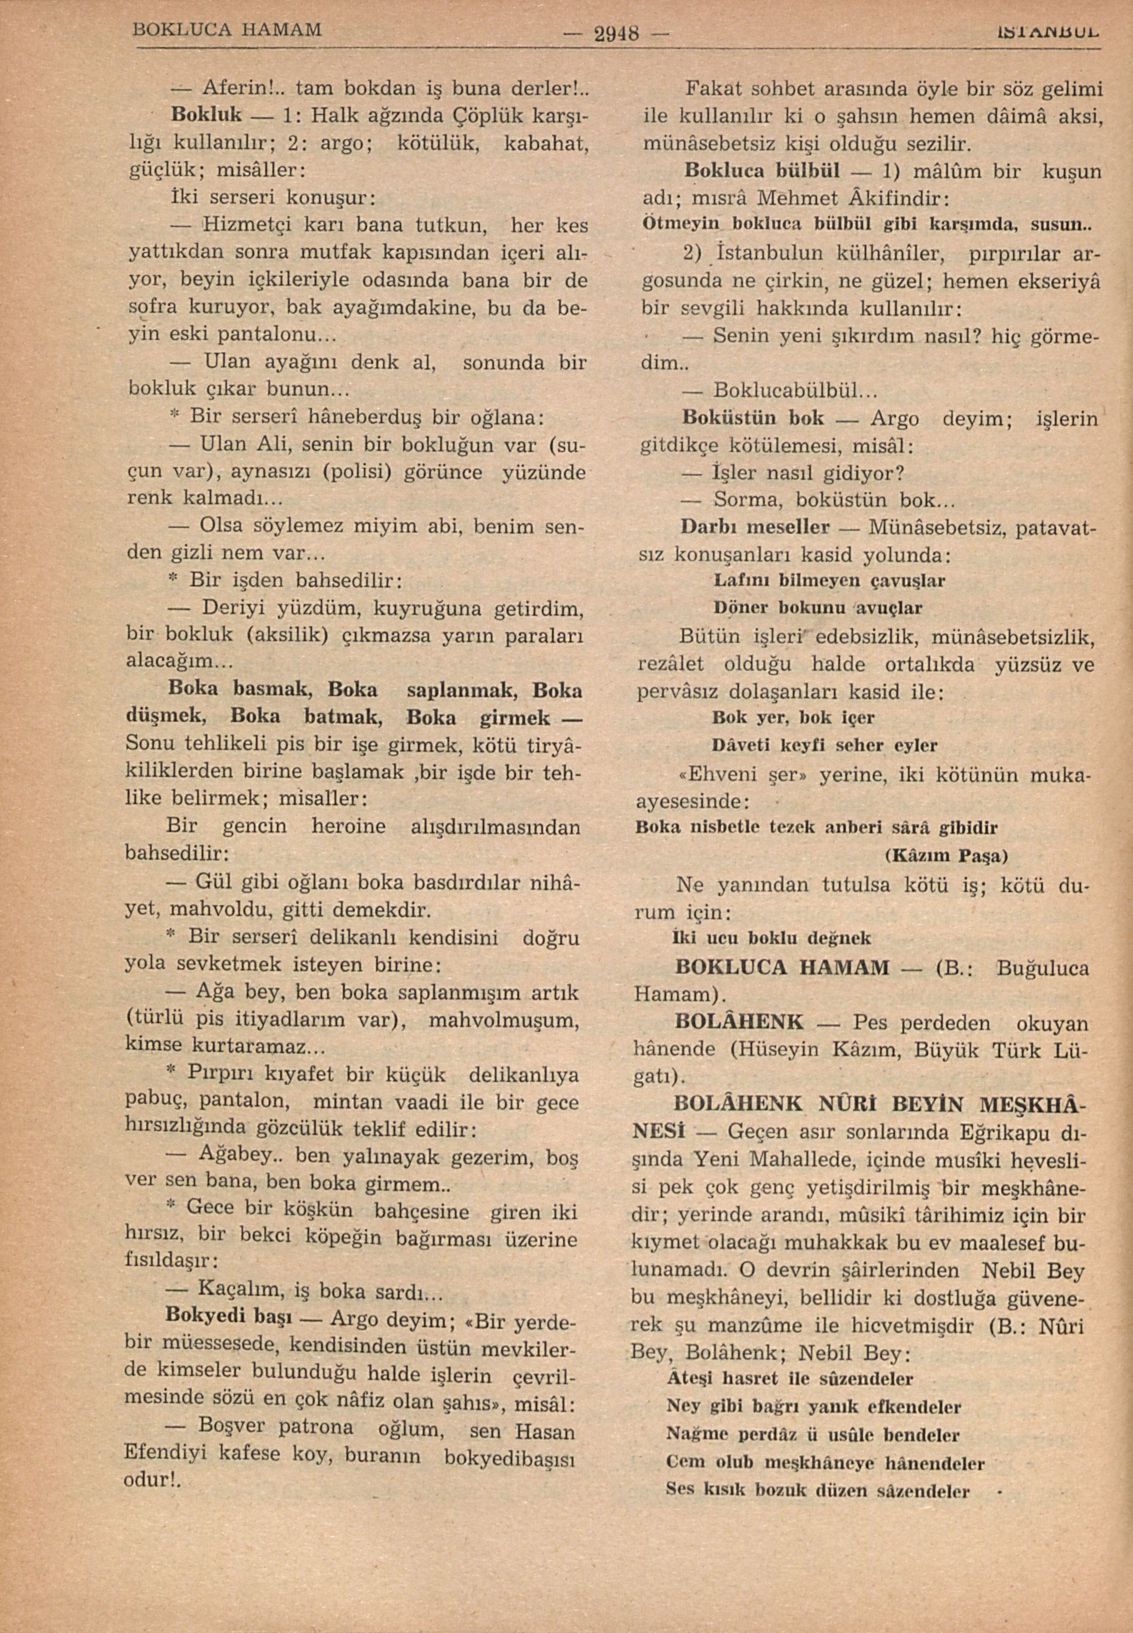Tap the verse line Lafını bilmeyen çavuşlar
[x=829, y=581]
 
